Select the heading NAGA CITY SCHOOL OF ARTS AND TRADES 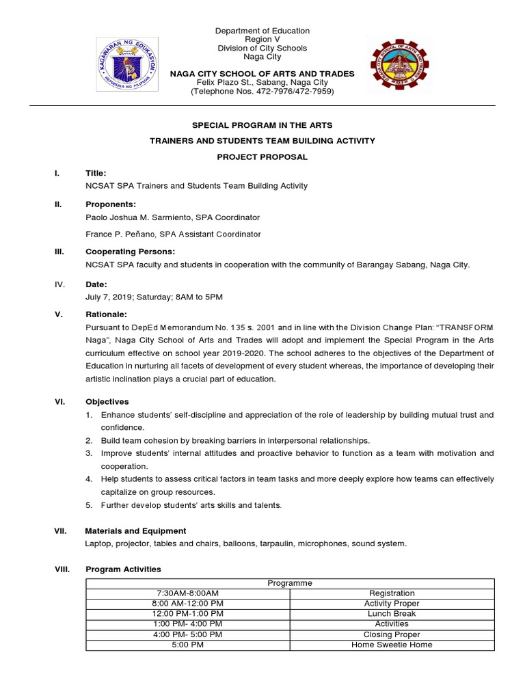coord(262,74)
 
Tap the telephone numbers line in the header coord(262,91)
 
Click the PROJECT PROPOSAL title coord(262,157)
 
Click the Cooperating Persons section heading coord(130,251)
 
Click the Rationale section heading coord(106,314)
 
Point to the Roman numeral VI coord(59,402)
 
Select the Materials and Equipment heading coord(135,531)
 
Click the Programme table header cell coord(290,583)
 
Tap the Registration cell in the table coord(392,593)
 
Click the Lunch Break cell coord(392,614)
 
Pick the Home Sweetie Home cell coord(392,645)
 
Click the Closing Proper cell coord(392,634)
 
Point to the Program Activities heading coord(123,569)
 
